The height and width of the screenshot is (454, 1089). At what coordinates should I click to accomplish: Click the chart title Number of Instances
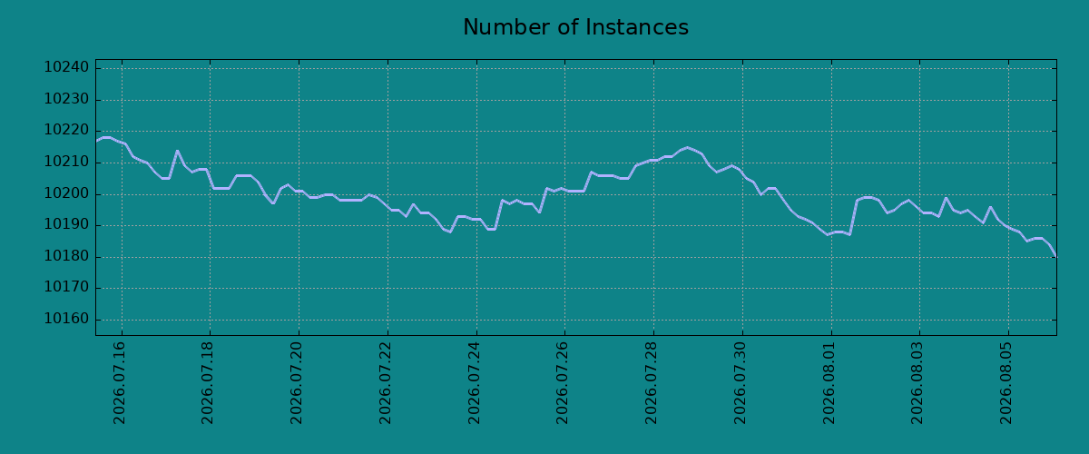tap(575, 27)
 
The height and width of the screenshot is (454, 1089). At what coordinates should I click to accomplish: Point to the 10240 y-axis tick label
tap(66, 67)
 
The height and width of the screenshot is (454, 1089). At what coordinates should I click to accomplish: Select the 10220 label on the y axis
tap(66, 131)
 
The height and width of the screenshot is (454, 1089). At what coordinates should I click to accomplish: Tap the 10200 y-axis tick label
tap(66, 193)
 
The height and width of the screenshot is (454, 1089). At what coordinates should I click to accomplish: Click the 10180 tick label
tap(66, 256)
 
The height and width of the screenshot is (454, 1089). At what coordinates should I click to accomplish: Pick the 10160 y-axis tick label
tap(66, 320)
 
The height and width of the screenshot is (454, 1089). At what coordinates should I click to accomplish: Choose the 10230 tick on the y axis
tap(66, 99)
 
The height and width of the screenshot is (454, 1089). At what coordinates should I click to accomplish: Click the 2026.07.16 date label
tap(119, 383)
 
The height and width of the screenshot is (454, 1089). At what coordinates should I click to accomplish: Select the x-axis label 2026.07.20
tap(296, 383)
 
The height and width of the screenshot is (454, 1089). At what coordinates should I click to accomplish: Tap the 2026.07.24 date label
tap(474, 383)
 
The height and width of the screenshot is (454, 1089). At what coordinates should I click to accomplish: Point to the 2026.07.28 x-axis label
tap(651, 383)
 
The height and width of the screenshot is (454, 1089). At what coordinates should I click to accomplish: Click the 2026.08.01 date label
tap(829, 383)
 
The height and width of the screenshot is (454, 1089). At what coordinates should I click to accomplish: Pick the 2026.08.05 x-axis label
tap(1006, 383)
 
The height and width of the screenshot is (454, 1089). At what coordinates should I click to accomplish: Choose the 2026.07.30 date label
tap(740, 383)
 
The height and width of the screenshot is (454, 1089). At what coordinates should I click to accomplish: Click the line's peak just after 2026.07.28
tap(687, 147)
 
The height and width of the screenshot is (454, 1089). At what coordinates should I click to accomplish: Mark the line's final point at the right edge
tap(1056, 256)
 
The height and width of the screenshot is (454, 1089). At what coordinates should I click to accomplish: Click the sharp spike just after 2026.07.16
tap(177, 151)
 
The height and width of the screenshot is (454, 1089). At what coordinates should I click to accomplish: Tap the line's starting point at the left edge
tap(96, 141)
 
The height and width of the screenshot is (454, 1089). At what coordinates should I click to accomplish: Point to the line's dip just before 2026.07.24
tap(451, 232)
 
